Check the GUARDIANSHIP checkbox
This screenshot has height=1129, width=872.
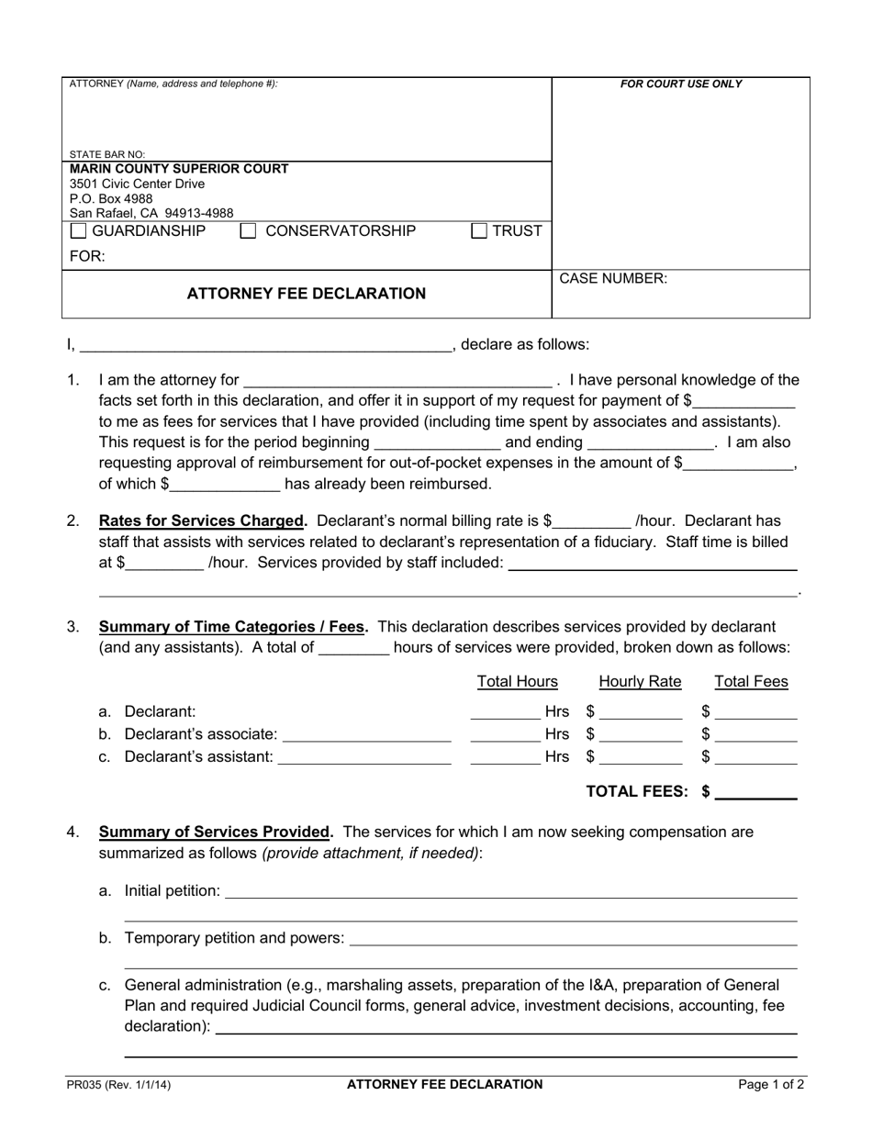[x=79, y=231]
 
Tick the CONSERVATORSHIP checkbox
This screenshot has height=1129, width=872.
[x=247, y=231]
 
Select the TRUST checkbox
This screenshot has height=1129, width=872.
[x=479, y=231]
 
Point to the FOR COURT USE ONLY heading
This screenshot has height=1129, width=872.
[x=681, y=84]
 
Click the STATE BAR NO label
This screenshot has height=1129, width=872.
[x=107, y=155]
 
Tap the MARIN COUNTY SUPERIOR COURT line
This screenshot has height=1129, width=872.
[x=180, y=169]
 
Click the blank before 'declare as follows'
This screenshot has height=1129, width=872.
[x=266, y=346]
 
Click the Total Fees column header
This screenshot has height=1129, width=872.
[x=751, y=682]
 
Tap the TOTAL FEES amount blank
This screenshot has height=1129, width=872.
[x=755, y=792]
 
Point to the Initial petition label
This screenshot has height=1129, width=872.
[x=172, y=890]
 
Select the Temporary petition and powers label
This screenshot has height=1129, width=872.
[x=234, y=938]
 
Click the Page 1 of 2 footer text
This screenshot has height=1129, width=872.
[x=771, y=1085]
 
